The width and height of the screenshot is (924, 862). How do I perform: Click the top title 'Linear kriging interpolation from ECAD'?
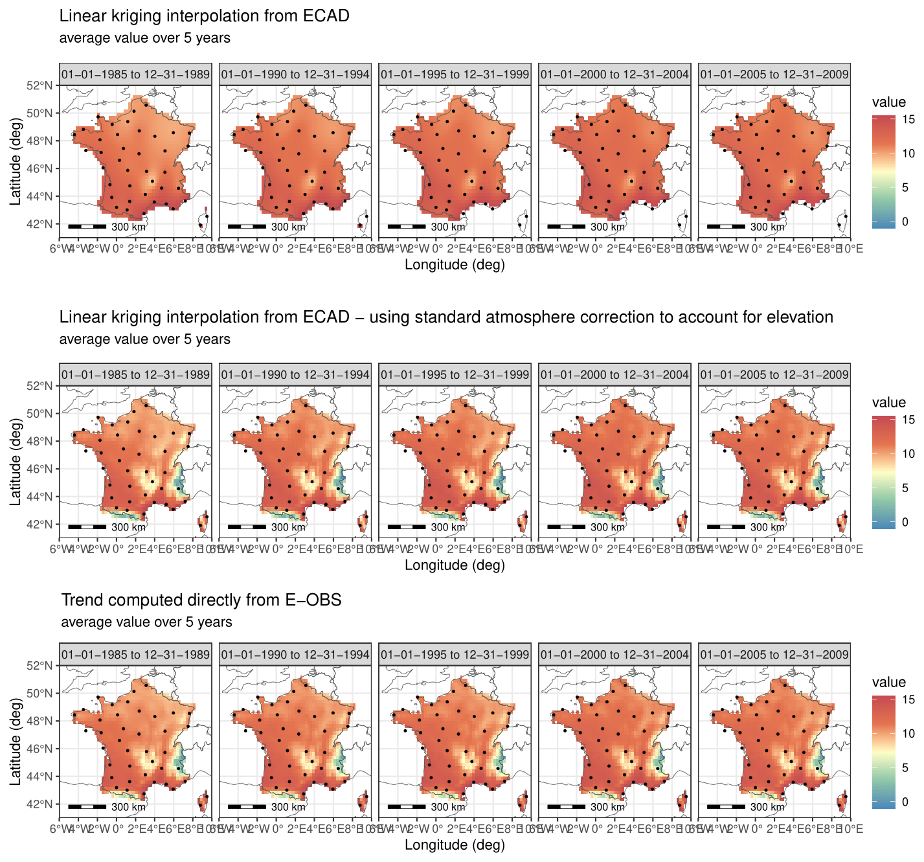204,16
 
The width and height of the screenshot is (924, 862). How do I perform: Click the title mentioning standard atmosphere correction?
445,317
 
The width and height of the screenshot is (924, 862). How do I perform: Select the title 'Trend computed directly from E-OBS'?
201,600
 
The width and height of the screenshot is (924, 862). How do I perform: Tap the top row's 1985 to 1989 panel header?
135,74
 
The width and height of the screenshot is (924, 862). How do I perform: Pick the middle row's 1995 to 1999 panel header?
455,374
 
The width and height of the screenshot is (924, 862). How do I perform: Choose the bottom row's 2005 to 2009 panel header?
774,654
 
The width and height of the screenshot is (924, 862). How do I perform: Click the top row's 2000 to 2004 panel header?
614,74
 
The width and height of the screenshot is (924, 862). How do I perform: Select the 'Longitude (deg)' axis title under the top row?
455,264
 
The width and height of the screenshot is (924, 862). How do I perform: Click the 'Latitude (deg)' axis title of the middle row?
15,461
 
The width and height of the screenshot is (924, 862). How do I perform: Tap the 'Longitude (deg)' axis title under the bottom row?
455,845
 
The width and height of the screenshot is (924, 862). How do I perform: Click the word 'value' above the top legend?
888,102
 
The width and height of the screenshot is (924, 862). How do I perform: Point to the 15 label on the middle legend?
908,420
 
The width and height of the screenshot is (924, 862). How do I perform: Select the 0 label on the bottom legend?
905,802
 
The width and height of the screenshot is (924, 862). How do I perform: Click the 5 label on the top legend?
905,188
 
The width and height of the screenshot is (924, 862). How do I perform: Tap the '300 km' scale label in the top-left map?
128,227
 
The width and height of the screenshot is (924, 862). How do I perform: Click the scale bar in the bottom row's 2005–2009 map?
726,807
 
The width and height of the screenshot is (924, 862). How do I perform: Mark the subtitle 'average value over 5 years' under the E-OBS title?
146,622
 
